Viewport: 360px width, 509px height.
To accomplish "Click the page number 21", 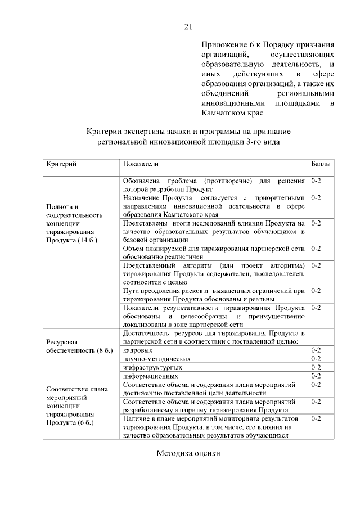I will pos(188,26).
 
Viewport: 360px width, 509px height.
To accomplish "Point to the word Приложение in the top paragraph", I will pos(223,44).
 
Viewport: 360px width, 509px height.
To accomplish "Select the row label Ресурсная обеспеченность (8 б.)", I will pos(79,346).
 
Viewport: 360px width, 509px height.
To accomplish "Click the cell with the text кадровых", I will pos(137,350).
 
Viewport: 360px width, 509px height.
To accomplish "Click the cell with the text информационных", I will pos(150,375).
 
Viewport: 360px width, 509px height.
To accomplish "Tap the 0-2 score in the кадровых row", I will pos(316,350).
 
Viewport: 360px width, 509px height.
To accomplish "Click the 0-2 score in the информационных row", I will pos(316,375).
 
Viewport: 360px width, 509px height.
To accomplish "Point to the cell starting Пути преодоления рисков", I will pos(214,295).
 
